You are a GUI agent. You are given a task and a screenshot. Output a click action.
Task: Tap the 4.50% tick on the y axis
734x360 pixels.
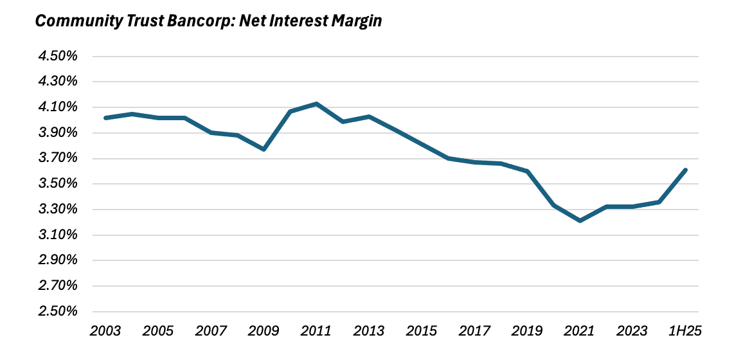[x=58, y=57]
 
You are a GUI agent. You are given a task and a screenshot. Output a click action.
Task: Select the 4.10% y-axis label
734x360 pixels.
[x=58, y=107]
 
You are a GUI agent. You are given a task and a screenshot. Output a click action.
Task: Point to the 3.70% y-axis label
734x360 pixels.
[x=58, y=158]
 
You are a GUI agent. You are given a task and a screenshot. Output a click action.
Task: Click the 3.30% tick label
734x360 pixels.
[x=58, y=210]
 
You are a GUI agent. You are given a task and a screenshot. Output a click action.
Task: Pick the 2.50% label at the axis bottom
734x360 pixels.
[x=58, y=312]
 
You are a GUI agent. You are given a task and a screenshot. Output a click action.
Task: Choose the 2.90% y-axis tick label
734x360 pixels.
[x=58, y=260]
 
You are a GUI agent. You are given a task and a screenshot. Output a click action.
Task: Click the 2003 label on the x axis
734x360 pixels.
[x=105, y=332]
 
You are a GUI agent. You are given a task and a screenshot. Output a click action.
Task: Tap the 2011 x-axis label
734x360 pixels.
[x=316, y=332]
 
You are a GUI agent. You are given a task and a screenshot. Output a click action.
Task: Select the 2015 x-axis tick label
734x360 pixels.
[x=422, y=332]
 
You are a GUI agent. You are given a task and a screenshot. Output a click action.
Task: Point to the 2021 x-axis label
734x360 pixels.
[x=580, y=332]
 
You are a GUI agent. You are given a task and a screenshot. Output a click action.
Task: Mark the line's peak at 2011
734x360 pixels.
[x=316, y=104]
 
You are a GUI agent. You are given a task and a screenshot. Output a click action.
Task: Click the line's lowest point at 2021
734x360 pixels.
[x=580, y=221]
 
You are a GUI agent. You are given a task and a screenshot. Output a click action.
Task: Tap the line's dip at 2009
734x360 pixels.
[x=264, y=149]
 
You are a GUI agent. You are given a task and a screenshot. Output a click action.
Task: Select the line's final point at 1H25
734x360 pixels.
[x=685, y=170]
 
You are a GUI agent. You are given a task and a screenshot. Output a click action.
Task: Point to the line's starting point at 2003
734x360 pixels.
[x=105, y=118]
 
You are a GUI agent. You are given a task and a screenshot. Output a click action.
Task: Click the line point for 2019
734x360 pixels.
[x=527, y=171]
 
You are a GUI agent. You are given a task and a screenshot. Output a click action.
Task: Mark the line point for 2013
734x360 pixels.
[x=369, y=116]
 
